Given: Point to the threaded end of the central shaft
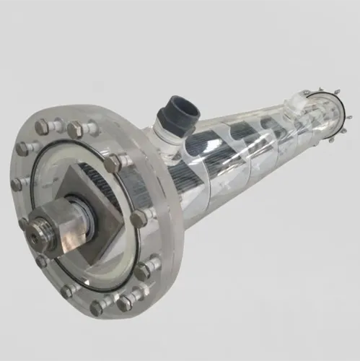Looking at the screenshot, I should (x=34, y=230).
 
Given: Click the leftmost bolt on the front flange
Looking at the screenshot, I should (x=17, y=184).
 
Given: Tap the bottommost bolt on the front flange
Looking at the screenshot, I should (x=97, y=307).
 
